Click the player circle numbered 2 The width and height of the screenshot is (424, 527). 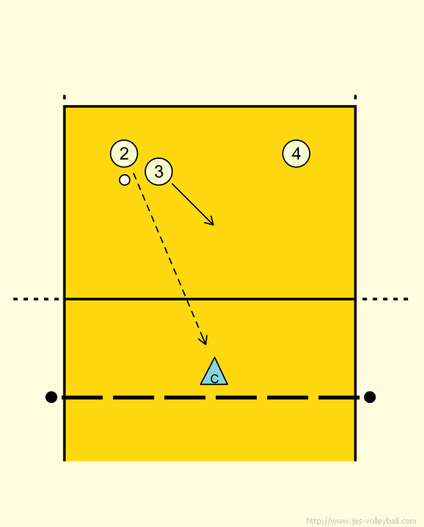[x=124, y=154]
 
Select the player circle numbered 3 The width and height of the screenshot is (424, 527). [x=158, y=171]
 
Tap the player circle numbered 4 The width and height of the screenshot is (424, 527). [x=296, y=154]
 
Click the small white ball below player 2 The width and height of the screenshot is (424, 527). [x=125, y=179]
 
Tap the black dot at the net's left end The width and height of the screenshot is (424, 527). [x=51, y=397]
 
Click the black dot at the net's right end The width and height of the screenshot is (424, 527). [x=369, y=397]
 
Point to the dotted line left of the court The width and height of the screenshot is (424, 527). [x=36, y=299]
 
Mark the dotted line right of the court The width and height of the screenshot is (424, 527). [x=385, y=299]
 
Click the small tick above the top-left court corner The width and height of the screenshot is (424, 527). [x=64, y=97]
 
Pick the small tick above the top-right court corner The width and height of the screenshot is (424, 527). [x=355, y=97]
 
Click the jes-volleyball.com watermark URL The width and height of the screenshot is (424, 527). [x=361, y=521]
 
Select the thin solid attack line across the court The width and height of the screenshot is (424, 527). [x=210, y=299]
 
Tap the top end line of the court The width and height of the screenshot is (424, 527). [x=210, y=107]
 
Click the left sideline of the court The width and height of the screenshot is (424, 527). [x=64, y=283]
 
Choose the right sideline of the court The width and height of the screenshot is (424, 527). [x=355, y=283]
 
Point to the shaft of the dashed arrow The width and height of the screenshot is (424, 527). [x=170, y=259]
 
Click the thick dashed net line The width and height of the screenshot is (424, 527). [x=210, y=398]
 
